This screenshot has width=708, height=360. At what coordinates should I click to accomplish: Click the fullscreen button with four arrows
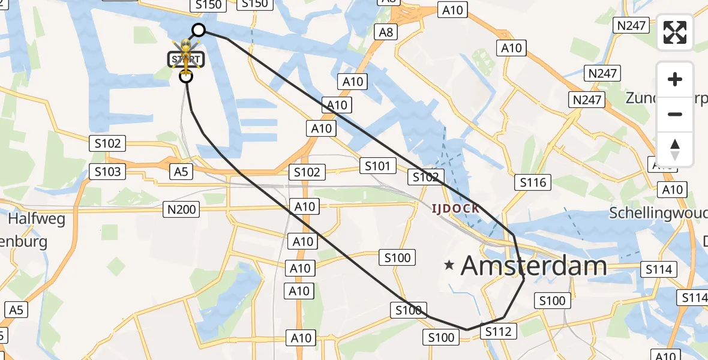tap(675, 32)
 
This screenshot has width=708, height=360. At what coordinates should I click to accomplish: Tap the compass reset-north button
tap(675, 149)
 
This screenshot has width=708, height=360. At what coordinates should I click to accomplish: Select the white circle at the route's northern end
tap(198, 30)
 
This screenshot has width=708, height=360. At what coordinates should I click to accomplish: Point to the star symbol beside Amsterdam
tap(449, 265)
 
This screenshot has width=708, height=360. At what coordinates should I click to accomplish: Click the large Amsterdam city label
tap(534, 265)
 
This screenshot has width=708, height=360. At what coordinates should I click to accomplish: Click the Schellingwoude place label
tap(658, 212)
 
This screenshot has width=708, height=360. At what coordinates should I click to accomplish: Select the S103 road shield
tap(107, 172)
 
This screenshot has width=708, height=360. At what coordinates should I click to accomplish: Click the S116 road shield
tap(533, 182)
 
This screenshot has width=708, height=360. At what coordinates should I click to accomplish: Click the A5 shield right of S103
tap(181, 172)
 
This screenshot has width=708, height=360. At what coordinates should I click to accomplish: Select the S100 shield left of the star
tap(397, 258)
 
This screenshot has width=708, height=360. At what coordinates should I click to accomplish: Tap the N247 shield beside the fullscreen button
tap(630, 25)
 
